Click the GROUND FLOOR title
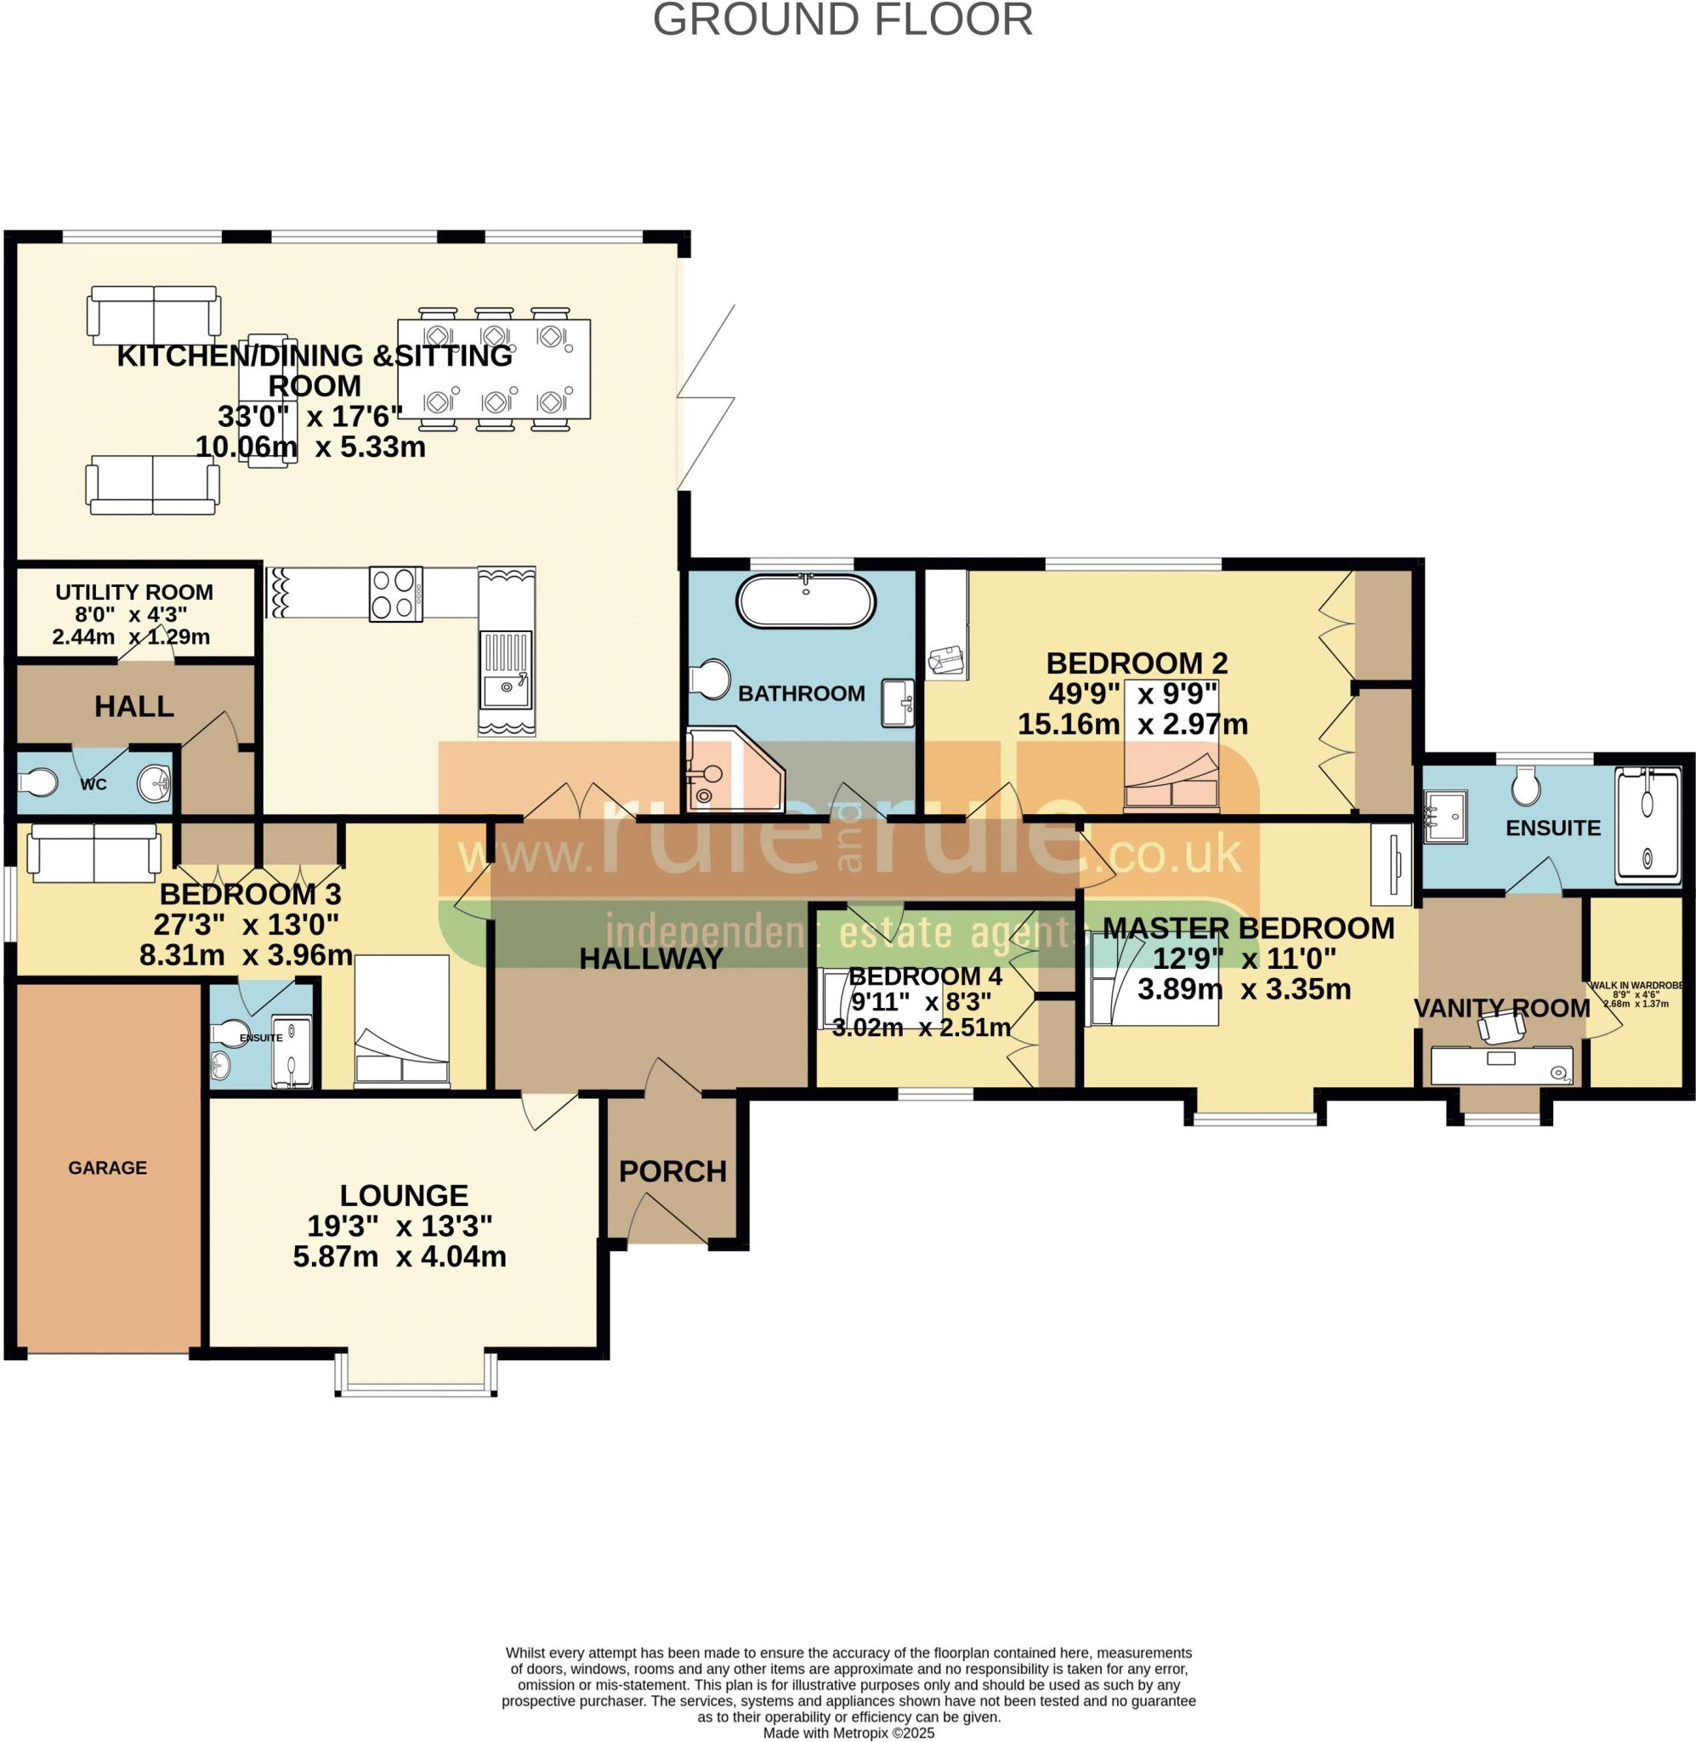tap(842, 20)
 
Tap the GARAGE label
tap(108, 1167)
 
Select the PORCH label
tap(672, 1171)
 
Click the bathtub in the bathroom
tap(804, 601)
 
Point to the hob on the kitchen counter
tap(395, 594)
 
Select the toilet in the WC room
tap(37, 783)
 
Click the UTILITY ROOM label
tap(134, 593)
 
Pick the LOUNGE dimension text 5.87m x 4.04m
tap(400, 1256)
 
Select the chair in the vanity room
tap(1502, 1030)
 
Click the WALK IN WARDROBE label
tap(1636, 987)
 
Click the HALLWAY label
tap(651, 959)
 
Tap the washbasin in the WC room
tap(154, 784)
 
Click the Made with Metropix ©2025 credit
tap(848, 1733)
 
